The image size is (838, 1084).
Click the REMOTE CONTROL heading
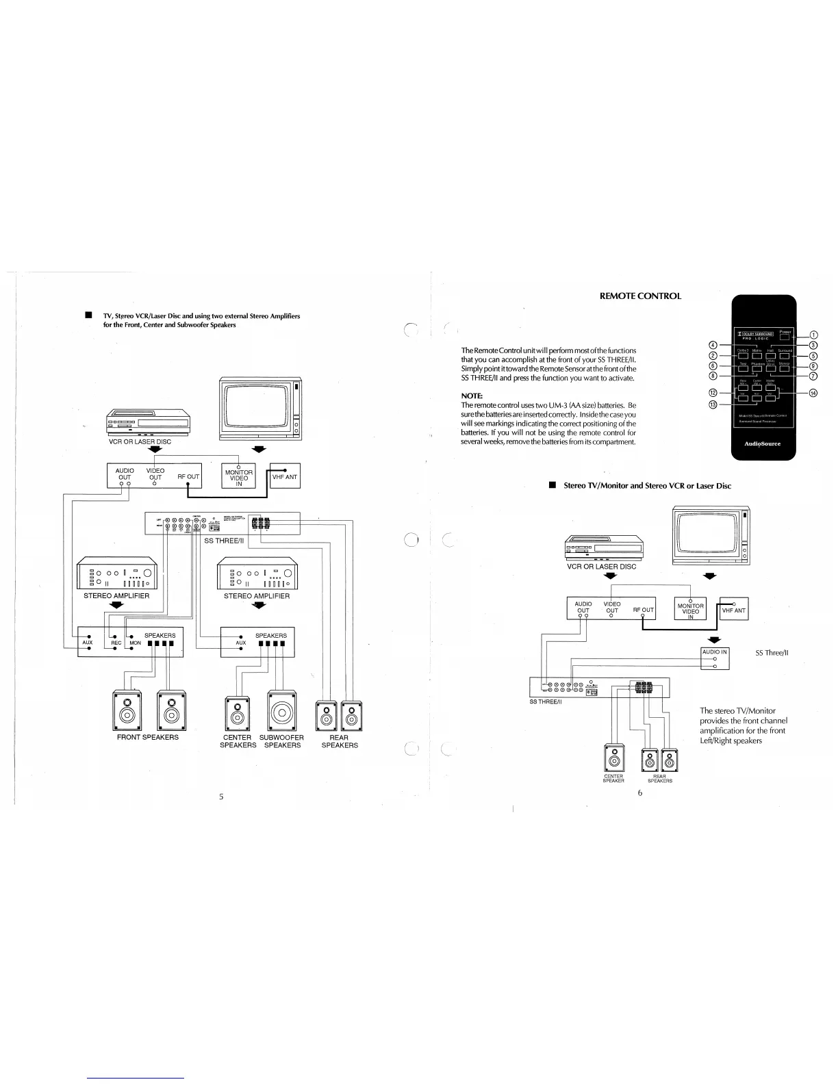coord(640,296)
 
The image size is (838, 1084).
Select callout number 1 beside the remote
coord(813,335)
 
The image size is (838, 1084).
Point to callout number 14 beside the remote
coord(813,393)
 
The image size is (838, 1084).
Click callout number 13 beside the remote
coord(713,405)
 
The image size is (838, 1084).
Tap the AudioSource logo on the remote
coord(762,443)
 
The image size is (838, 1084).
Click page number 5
coord(221,797)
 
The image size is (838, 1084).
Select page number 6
coord(639,794)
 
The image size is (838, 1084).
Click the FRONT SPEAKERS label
coord(148,737)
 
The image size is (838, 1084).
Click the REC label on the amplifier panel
coord(116,643)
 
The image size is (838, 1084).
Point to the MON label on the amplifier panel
coord(135,643)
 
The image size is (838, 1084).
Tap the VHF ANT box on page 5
coord(285,476)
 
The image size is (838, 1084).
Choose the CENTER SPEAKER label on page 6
coord(613,779)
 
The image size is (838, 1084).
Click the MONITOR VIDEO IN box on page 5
coord(239,476)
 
